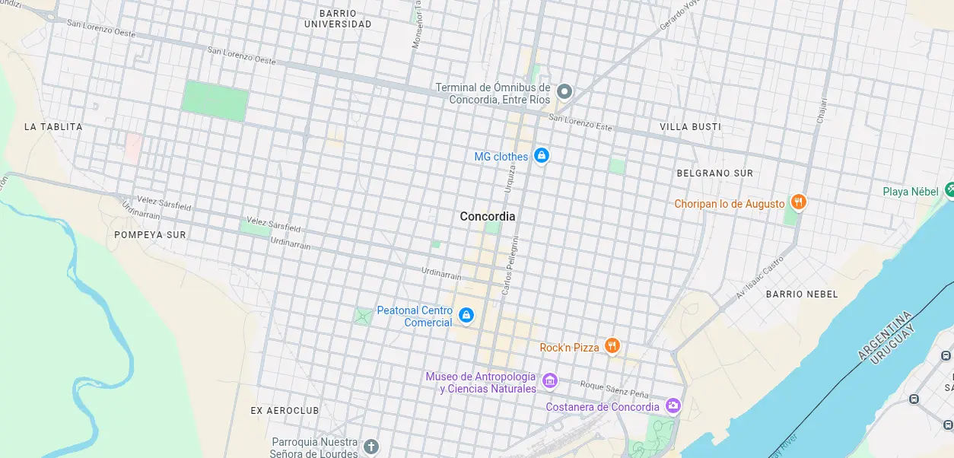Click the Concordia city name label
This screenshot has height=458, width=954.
tap(487, 217)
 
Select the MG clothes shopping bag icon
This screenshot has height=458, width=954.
tap(541, 156)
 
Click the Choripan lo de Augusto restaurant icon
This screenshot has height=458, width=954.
tap(798, 202)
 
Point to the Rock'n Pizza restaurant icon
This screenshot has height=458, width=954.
tap(612, 346)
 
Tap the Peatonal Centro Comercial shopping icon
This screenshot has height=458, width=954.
tap(466, 315)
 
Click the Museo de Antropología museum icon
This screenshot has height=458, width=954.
tap(550, 380)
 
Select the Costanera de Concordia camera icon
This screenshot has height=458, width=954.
tap(673, 406)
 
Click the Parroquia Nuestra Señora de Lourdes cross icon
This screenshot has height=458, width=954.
tap(370, 447)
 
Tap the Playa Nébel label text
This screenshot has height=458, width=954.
tap(911, 192)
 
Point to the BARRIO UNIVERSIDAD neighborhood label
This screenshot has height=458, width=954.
tap(338, 19)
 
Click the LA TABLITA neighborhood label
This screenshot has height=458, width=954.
tap(53, 127)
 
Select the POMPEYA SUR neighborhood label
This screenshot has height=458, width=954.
tap(150, 235)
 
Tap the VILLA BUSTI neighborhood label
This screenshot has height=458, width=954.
tap(690, 127)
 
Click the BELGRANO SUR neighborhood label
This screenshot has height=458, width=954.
tap(714, 173)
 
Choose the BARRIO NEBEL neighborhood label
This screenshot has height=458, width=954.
tap(801, 294)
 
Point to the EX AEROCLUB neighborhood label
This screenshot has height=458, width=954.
tap(285, 411)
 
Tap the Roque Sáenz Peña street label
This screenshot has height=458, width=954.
tap(614, 390)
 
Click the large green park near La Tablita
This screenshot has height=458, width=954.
tap(215, 100)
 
